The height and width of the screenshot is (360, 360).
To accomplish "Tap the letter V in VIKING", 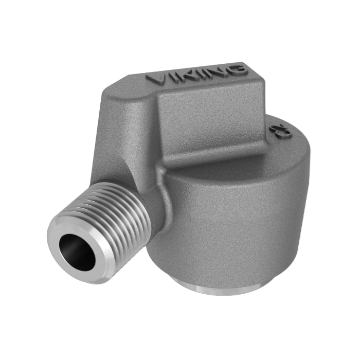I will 155,80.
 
